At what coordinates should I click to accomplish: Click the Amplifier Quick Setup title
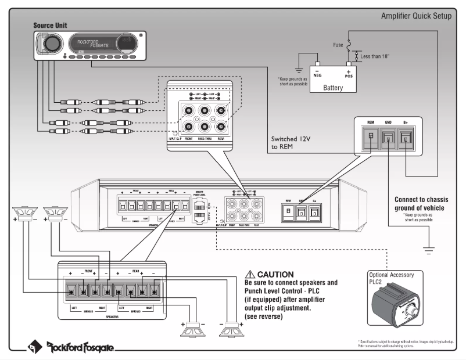pos(415,16)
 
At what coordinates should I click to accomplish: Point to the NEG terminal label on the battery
pos(317,75)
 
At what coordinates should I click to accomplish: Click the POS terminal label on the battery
pos(349,75)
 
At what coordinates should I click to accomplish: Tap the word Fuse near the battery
pos(338,44)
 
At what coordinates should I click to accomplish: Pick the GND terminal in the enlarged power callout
pos(388,138)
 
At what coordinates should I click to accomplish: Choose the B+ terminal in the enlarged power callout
pos(406,138)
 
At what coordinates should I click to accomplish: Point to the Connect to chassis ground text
pos(421,204)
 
